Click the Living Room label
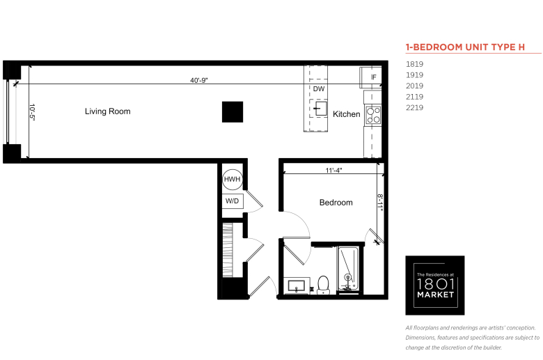(108, 111)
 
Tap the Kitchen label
(346, 114)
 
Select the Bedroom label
(336, 203)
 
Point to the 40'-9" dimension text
(199, 80)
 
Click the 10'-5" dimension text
(32, 112)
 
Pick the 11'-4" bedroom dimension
(334, 170)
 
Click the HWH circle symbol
(233, 180)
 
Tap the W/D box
(233, 201)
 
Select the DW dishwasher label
(319, 89)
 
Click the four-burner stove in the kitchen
(374, 116)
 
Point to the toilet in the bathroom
(324, 285)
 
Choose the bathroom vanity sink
(296, 286)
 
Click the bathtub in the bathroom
(348, 269)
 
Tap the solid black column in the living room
(233, 112)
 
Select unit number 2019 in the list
(414, 86)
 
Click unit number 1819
(414, 64)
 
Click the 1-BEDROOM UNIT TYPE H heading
(466, 47)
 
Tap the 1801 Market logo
(435, 285)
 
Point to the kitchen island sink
(320, 109)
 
